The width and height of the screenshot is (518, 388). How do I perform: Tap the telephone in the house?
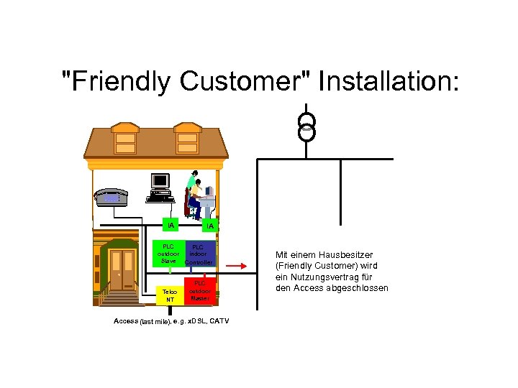click(x=112, y=196)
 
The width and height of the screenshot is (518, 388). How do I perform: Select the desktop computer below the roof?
click(x=160, y=186)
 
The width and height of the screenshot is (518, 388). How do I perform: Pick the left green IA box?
click(x=171, y=226)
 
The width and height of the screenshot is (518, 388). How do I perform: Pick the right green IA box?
click(x=209, y=226)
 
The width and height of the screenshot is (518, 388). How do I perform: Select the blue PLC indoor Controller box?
click(x=199, y=254)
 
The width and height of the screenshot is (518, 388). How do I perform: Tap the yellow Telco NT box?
click(x=171, y=295)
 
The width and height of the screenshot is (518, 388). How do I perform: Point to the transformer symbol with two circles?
click(x=307, y=126)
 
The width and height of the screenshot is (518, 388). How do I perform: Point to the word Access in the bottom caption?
click(x=126, y=320)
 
